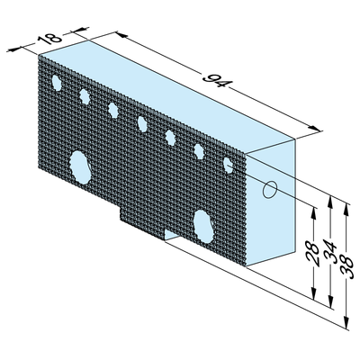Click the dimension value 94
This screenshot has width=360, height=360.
[215, 83]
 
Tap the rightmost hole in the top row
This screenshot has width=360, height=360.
[229, 164]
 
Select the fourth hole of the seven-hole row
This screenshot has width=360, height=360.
[142, 122]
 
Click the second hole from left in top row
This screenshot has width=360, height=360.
[85, 95]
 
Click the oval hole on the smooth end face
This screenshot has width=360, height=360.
[268, 192]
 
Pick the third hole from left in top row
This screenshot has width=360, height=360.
[113, 109]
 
